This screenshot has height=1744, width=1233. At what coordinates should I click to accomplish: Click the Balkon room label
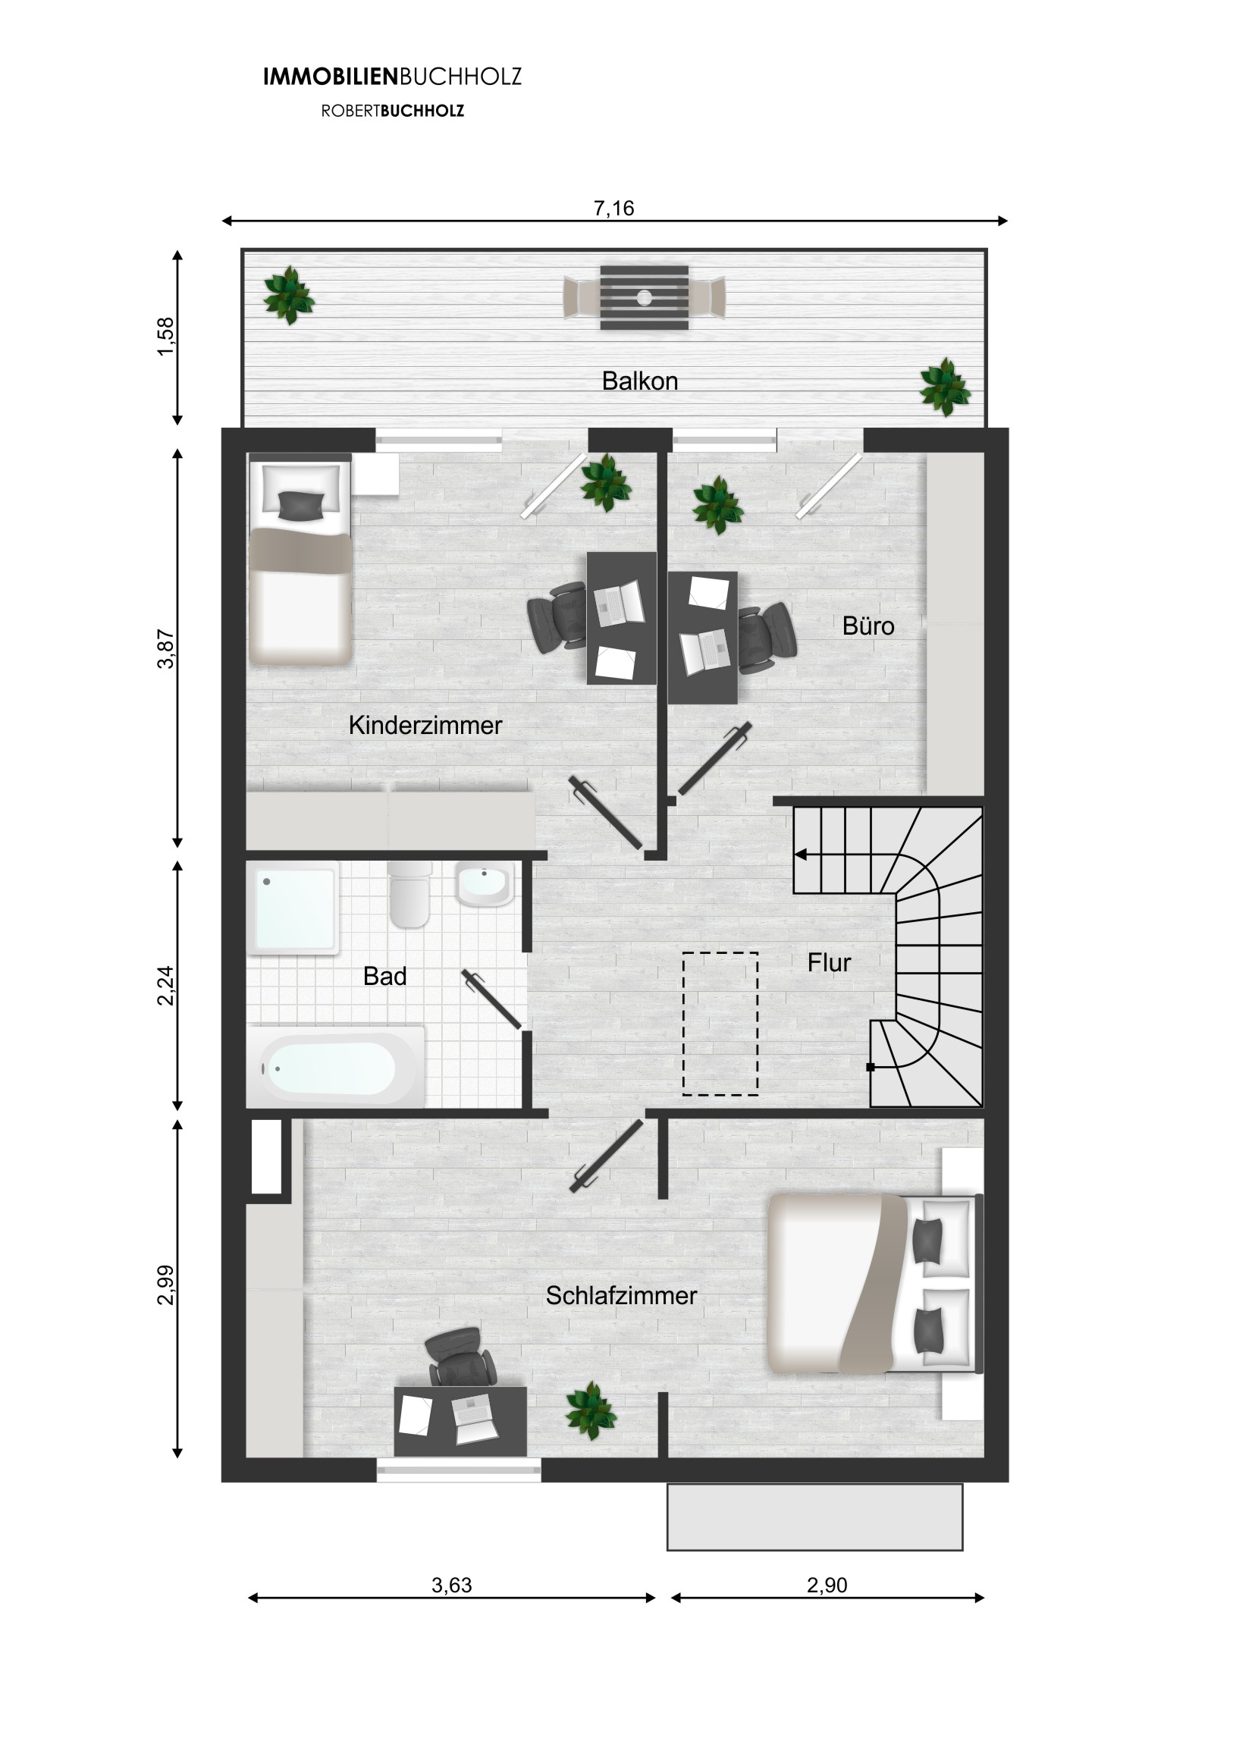click(640, 381)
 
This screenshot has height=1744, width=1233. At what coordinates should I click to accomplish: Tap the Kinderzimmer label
click(425, 726)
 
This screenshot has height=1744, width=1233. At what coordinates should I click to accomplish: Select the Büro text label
click(868, 626)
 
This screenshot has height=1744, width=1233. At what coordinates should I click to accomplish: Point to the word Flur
click(829, 962)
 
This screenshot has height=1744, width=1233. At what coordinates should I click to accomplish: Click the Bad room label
click(384, 976)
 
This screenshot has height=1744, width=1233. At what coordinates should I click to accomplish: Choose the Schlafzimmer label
click(622, 1296)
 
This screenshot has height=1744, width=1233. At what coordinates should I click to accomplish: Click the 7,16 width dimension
click(613, 208)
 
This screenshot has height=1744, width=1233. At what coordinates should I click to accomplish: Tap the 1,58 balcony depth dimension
click(165, 337)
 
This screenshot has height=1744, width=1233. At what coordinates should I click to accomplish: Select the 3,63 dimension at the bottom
click(452, 1586)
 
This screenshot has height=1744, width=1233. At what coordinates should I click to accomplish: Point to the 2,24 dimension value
click(165, 985)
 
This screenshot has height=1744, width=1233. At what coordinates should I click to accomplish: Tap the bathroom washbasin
click(484, 883)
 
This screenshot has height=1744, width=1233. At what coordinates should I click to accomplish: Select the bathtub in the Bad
click(335, 1067)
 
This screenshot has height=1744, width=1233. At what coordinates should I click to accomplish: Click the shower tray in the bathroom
click(293, 907)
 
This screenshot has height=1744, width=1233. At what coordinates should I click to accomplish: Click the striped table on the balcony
click(645, 297)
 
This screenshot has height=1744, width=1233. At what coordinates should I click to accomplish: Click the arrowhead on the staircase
click(800, 855)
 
